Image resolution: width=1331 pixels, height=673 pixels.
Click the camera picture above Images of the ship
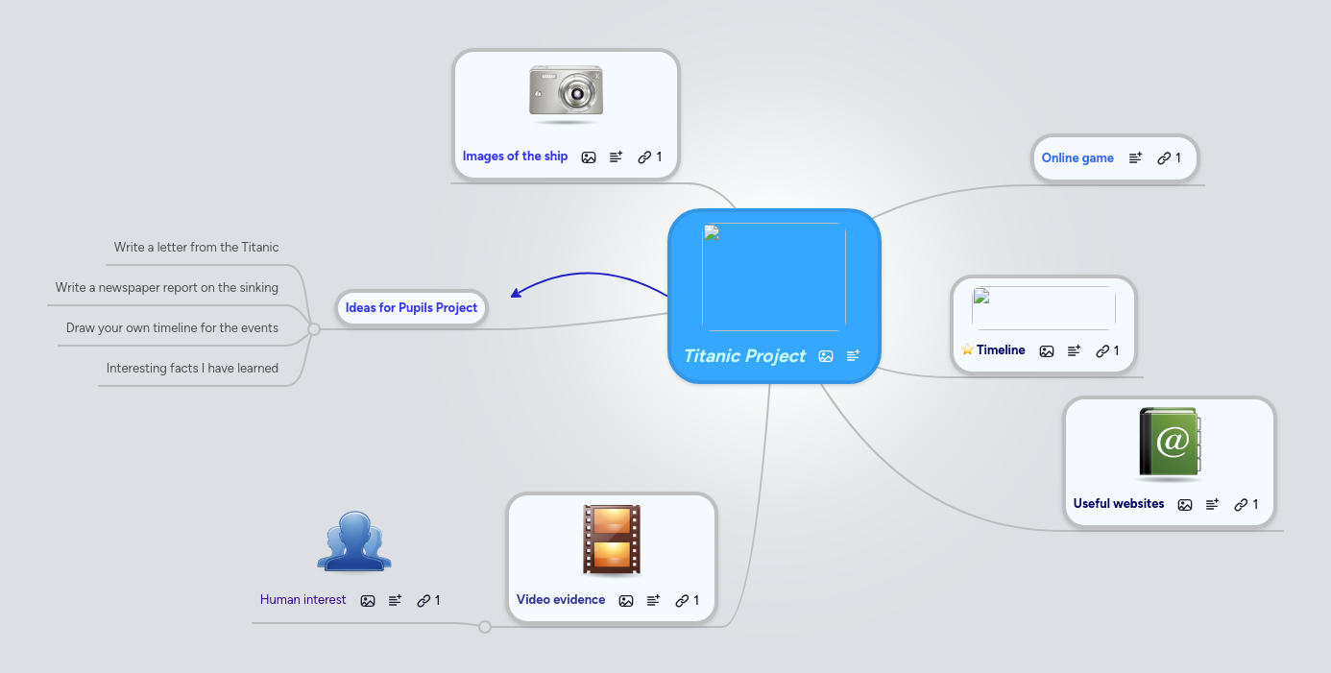(x=566, y=93)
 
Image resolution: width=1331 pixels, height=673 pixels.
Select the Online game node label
(x=1077, y=158)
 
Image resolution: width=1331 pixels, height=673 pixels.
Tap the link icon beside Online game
(x=1163, y=158)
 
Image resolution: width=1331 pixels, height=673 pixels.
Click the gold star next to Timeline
(x=967, y=350)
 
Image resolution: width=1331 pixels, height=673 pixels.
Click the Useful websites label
(x=1118, y=504)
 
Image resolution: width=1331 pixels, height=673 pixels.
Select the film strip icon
(x=612, y=541)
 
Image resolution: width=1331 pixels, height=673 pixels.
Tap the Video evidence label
(x=561, y=600)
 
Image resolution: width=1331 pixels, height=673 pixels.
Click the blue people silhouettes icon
(x=354, y=541)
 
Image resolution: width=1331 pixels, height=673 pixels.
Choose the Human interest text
(x=302, y=600)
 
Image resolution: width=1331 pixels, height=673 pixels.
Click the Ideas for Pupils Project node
(x=411, y=308)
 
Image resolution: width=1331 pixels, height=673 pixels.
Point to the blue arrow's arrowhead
(x=515, y=294)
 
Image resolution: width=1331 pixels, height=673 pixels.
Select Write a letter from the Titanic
(x=196, y=248)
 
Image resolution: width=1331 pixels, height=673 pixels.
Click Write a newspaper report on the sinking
(x=167, y=288)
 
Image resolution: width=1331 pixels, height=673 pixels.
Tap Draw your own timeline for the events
(x=172, y=328)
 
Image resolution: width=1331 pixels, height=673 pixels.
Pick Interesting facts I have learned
(x=192, y=369)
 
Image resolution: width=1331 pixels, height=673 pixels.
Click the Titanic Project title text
(x=744, y=356)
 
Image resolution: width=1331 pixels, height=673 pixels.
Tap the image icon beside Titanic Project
(x=826, y=356)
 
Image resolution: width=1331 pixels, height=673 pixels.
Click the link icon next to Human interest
(x=423, y=601)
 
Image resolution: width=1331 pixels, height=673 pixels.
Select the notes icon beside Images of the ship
(x=616, y=156)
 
